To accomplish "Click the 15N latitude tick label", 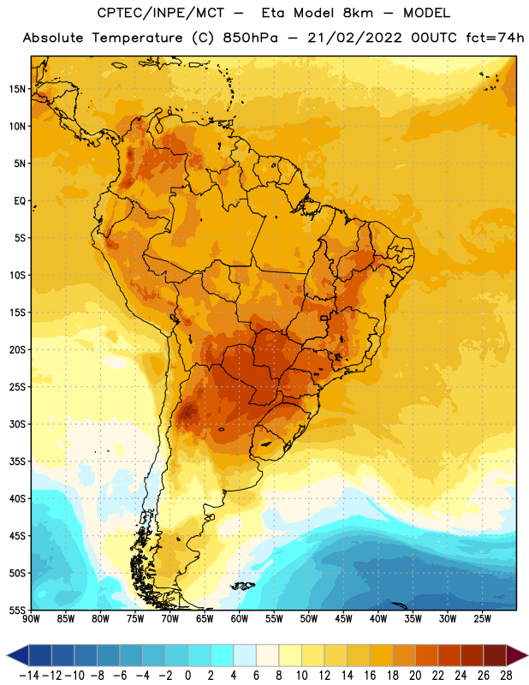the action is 17,89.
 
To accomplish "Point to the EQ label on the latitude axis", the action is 20,201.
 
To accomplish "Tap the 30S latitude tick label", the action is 17,424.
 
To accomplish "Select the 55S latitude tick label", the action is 17,611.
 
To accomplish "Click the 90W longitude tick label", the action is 31,619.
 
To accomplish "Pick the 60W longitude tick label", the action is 240,619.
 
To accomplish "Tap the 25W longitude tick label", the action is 482,619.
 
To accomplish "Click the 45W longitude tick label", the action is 343,619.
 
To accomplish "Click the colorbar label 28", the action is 506,676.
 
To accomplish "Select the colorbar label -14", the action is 29,676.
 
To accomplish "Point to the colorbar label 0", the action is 187,676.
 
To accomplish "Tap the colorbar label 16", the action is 370,676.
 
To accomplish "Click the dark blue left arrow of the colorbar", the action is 18,655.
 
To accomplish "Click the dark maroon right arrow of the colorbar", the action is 517,655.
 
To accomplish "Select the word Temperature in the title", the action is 137,38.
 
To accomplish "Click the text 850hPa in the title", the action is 250,38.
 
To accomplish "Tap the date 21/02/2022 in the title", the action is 354,38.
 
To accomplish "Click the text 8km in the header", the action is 358,13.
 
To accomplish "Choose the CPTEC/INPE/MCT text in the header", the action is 161,13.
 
